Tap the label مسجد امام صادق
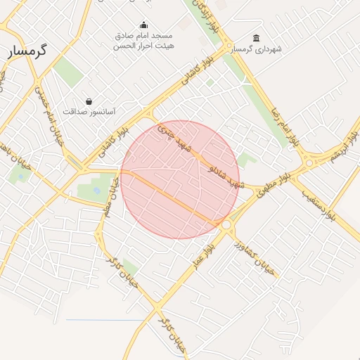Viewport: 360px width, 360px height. click(x=144, y=35)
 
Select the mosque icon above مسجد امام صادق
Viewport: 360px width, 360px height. click(x=144, y=25)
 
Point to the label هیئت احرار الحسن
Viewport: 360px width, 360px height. click(x=144, y=46)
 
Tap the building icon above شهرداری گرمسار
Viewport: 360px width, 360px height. click(x=255, y=39)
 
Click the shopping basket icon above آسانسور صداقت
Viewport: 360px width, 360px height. click(x=89, y=101)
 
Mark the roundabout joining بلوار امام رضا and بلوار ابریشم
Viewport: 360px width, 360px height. click(x=310, y=164)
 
